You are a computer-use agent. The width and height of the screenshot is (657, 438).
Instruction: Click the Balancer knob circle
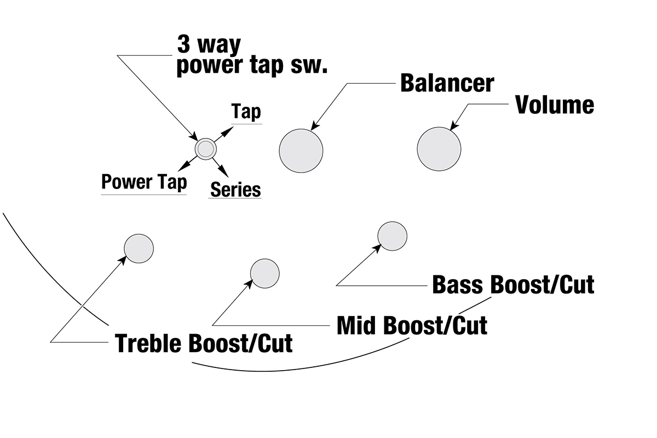[301, 151]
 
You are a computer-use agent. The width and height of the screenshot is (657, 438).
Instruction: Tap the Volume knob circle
[439, 148]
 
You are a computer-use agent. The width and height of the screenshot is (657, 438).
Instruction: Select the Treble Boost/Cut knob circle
[139, 248]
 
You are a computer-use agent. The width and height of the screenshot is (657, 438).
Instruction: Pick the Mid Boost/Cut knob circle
[265, 273]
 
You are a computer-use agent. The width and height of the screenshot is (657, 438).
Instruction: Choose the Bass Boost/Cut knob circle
[393, 236]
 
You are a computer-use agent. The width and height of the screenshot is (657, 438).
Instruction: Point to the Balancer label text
[447, 83]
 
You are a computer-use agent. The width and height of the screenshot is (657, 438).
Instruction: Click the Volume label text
[555, 105]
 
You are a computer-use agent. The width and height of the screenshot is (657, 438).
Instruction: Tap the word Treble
[149, 343]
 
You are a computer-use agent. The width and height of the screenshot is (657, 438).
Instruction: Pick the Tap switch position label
[246, 112]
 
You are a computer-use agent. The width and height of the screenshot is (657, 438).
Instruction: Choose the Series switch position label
[235, 189]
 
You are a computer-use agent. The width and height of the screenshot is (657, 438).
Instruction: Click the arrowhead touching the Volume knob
[453, 127]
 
